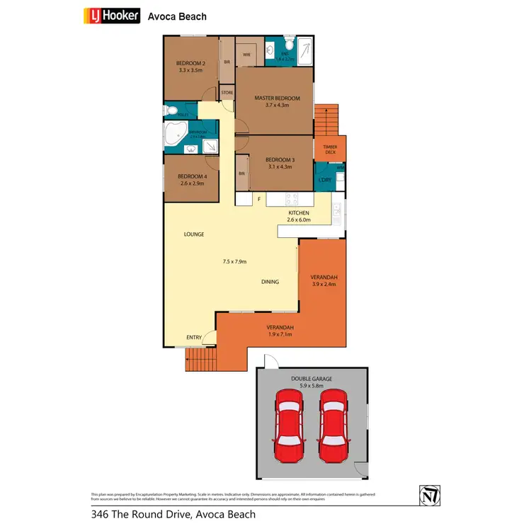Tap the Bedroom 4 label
point(192,176)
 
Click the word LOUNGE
point(194,234)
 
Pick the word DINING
point(270,282)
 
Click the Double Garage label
point(312,379)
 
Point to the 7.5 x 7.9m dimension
point(234,262)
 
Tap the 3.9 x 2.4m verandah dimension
point(323,285)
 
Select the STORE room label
point(227,93)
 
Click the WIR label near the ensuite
point(247,54)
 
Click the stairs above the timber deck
point(326,120)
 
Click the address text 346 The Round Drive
point(173,515)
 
